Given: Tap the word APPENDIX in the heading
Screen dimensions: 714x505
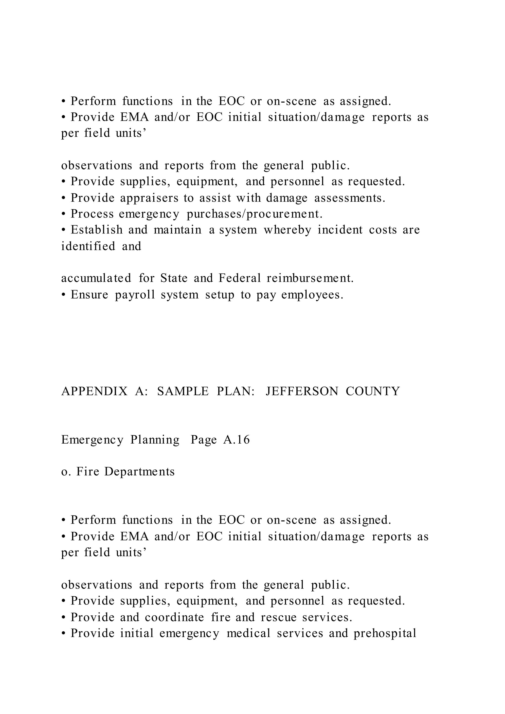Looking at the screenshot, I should [94, 391].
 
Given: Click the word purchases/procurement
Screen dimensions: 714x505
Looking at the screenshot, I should [254, 214].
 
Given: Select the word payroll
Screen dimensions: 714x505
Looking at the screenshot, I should [135, 295].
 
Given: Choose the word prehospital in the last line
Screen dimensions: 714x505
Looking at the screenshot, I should [385, 633].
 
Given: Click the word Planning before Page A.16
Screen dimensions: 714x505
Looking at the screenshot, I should [155, 440].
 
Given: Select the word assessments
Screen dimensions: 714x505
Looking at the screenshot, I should [349, 198].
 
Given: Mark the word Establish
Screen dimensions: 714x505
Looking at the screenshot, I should [96, 230].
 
